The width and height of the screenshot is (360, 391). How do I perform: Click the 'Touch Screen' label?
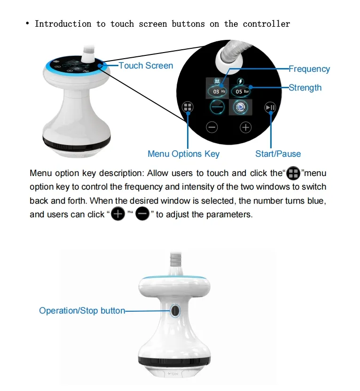click(x=146, y=66)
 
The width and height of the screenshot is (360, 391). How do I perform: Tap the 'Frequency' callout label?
click(x=309, y=69)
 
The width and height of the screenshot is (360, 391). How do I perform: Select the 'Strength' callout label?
click(x=305, y=88)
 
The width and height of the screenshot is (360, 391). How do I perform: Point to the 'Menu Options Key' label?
click(x=183, y=154)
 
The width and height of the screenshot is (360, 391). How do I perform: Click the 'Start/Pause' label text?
click(x=278, y=154)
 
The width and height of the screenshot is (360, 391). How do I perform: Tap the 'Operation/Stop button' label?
click(x=82, y=311)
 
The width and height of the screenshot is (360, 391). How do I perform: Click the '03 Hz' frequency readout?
click(x=217, y=92)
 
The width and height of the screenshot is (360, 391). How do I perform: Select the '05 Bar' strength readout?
click(x=241, y=92)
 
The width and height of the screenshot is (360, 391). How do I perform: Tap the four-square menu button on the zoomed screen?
click(x=188, y=107)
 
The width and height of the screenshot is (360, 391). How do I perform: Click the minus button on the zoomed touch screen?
click(x=212, y=127)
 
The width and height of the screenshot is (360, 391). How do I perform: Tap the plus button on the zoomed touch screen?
click(x=246, y=127)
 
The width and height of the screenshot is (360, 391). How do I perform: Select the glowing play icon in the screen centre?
click(x=240, y=107)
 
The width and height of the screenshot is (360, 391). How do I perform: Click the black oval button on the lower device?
click(x=175, y=311)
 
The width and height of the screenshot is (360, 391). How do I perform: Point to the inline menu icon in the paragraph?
click(x=293, y=173)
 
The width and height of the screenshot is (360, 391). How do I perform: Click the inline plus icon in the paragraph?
click(x=118, y=214)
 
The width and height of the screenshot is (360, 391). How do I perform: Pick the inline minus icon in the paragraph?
click(x=142, y=214)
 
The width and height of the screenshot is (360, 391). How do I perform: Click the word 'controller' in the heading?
click(x=266, y=24)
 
